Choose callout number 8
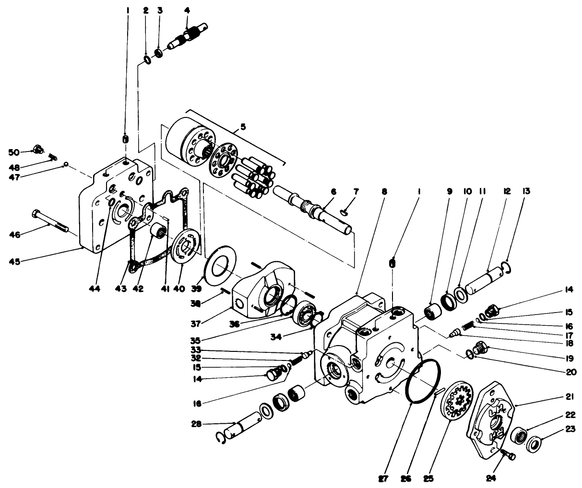point(383,191)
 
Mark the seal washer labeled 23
point(533,442)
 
